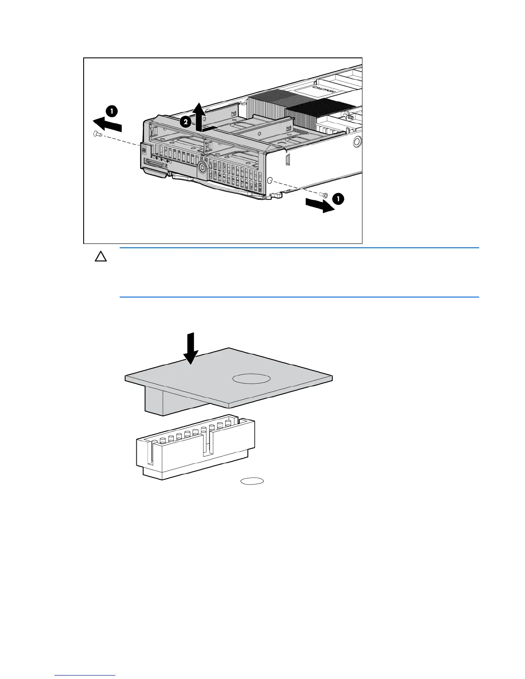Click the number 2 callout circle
click(x=185, y=122)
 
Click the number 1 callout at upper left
click(x=112, y=111)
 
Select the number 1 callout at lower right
click(x=338, y=198)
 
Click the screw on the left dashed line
click(x=97, y=135)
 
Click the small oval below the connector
click(x=252, y=481)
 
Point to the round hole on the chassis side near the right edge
click(x=356, y=142)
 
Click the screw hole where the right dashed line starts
click(x=270, y=180)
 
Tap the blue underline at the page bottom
click(x=85, y=675)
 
